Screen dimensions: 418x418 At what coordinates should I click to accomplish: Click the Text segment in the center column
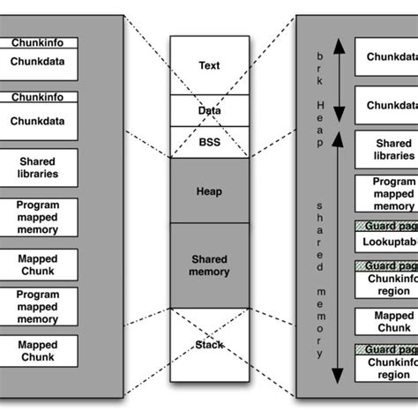(209, 65)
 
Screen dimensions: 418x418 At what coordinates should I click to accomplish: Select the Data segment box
(209, 110)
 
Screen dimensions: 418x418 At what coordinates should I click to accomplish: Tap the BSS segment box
(209, 141)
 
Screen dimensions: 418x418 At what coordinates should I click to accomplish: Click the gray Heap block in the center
(209, 190)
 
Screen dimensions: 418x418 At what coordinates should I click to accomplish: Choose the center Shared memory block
(209, 265)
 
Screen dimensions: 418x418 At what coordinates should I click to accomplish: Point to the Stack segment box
(209, 345)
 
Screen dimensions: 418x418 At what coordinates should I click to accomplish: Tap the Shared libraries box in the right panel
(385, 150)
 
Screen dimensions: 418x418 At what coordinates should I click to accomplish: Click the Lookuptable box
(385, 241)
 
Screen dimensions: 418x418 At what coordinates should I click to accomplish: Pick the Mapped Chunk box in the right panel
(385, 321)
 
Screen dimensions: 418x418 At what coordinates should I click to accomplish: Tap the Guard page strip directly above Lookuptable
(385, 225)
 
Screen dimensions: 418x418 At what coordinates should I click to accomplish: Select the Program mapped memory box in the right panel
(385, 194)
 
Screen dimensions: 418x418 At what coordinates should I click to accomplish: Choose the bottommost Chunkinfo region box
(385, 368)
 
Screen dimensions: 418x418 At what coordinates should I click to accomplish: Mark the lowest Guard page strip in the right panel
(385, 349)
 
